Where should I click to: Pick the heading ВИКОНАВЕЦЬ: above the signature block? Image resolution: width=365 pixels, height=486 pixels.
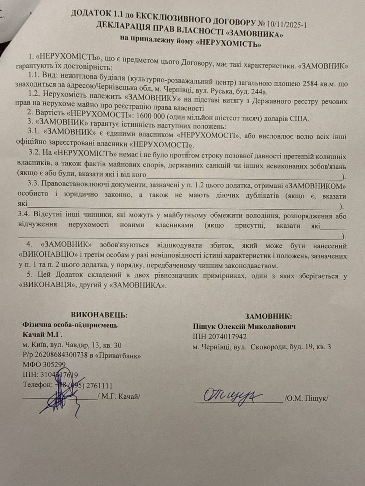pyautogui.click(x=99, y=315)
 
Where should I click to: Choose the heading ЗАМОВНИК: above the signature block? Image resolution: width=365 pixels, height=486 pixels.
pyautogui.click(x=268, y=316)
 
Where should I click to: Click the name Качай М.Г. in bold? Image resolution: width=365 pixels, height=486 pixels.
pyautogui.click(x=42, y=335)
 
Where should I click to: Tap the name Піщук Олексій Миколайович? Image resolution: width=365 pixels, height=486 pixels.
pyautogui.click(x=244, y=326)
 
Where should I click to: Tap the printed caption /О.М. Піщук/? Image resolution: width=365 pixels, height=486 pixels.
pyautogui.click(x=306, y=399)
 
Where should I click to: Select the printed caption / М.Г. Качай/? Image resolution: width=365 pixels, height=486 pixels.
pyautogui.click(x=119, y=396)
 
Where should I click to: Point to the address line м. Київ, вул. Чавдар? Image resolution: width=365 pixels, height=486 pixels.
pyautogui.click(x=72, y=345)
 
